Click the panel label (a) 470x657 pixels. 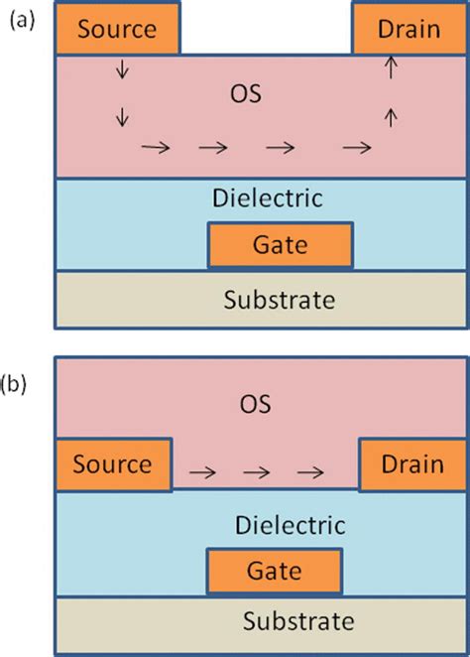pos(20,18)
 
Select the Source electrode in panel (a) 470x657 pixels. pos(117,28)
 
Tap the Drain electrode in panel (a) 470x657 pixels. pos(409,28)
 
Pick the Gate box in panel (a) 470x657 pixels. pos(280,244)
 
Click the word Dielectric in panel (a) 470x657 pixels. pos(267,197)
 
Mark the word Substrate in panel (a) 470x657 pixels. pos(280,299)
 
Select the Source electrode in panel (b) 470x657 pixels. pos(112,463)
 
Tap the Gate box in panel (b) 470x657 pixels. pos(275,572)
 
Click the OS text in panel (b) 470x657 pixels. pos(256,404)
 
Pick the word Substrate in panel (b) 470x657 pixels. pos(297,622)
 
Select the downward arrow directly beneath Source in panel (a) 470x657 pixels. pos(122,69)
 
